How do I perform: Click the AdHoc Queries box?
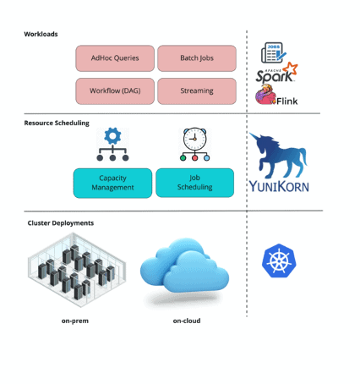pos(114,58)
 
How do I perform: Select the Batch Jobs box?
pos(196,58)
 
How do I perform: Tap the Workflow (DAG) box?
pos(114,91)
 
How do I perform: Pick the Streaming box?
pos(196,91)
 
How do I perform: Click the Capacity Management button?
pos(112,183)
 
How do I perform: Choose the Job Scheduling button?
pos(195,183)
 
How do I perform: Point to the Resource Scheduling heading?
pos(57,123)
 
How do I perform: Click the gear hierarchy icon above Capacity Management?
pos(112,145)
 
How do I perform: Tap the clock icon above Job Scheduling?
pos(195,144)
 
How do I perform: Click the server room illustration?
pos(77,269)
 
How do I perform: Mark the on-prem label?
pos(76,321)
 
